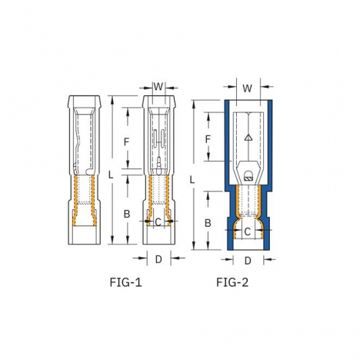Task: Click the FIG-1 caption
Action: (x=125, y=282)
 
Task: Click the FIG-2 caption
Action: (x=232, y=282)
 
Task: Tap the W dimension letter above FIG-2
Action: (x=248, y=88)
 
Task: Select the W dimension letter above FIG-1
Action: (x=158, y=87)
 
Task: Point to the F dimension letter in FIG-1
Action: (x=126, y=142)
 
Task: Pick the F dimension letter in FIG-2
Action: (x=208, y=139)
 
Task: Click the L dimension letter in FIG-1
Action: (x=110, y=175)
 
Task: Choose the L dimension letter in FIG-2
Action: (x=192, y=180)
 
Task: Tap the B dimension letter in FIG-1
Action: (x=127, y=214)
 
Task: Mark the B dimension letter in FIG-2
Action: (x=208, y=223)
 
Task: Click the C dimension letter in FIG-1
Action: (x=158, y=222)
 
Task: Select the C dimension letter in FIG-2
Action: (x=247, y=232)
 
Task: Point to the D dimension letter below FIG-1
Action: (x=158, y=259)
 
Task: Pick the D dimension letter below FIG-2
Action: (x=248, y=261)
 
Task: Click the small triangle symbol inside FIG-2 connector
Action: (x=248, y=138)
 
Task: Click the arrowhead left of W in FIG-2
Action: (x=232, y=87)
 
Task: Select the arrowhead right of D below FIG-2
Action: (x=267, y=260)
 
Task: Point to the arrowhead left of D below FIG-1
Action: (x=143, y=258)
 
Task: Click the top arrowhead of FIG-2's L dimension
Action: (x=194, y=105)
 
